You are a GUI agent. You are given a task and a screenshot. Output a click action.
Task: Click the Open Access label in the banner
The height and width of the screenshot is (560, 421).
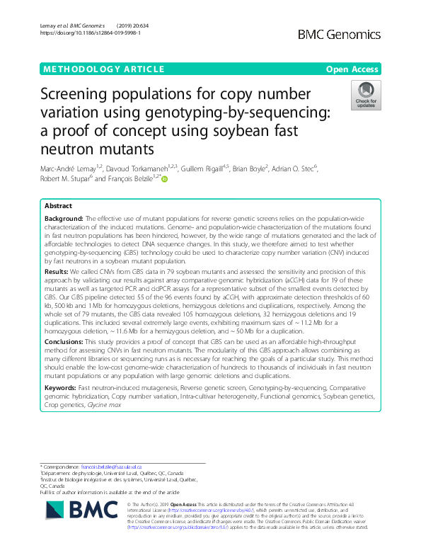pyautogui.click(x=352, y=69)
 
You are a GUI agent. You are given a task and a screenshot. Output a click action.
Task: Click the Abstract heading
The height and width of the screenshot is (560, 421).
pyautogui.click(x=58, y=205)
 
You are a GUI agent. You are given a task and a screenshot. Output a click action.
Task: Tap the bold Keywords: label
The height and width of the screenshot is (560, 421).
pyautogui.click(x=61, y=408)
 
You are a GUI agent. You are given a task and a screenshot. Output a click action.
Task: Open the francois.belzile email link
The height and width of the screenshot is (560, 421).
pyautogui.click(x=111, y=467)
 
